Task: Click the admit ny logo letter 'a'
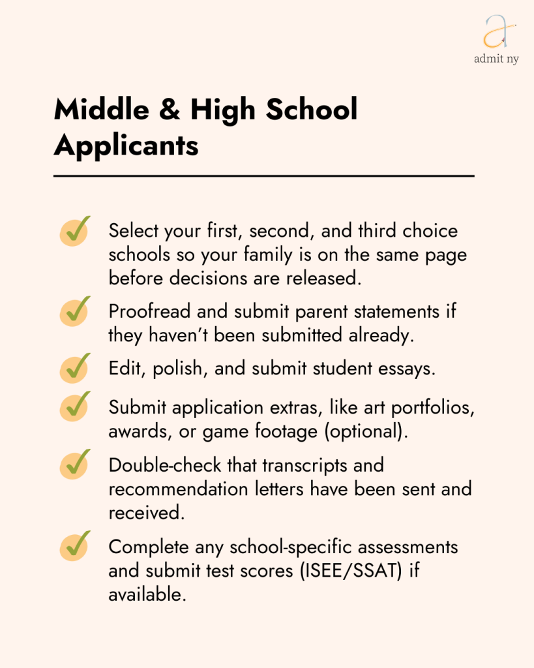497,31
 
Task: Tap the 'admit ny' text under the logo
497,59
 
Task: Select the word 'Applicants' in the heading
126,145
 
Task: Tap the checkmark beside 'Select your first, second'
76,232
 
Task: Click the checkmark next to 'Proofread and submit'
76,312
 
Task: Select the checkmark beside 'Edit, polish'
76,368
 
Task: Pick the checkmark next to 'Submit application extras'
76,408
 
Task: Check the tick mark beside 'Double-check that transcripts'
76,466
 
